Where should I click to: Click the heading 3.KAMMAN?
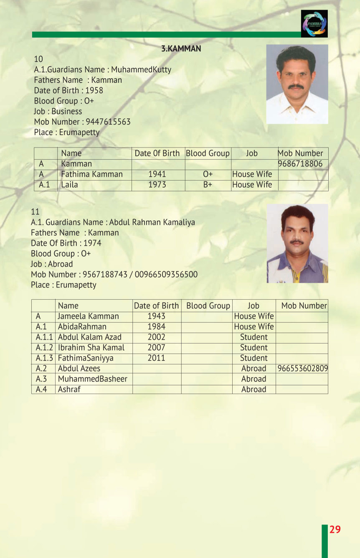point(181,48)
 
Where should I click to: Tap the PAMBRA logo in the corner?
point(314,24)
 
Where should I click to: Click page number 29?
point(335,530)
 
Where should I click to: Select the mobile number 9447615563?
point(108,122)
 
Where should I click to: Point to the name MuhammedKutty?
point(141,69)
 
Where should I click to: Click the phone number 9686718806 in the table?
point(300,164)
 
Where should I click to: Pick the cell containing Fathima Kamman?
point(92,174)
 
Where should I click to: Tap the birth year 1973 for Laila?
point(157,185)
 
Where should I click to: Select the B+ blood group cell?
point(208,185)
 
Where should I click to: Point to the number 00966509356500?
point(166,274)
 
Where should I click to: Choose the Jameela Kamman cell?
point(89,316)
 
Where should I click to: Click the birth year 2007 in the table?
point(156,348)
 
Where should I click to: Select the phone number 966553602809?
point(302,369)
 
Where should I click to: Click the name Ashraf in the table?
point(69,390)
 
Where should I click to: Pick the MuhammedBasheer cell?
point(93,379)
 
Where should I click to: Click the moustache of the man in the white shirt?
point(296,87)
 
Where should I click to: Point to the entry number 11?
point(35,211)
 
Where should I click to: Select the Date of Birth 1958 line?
point(68,90)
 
